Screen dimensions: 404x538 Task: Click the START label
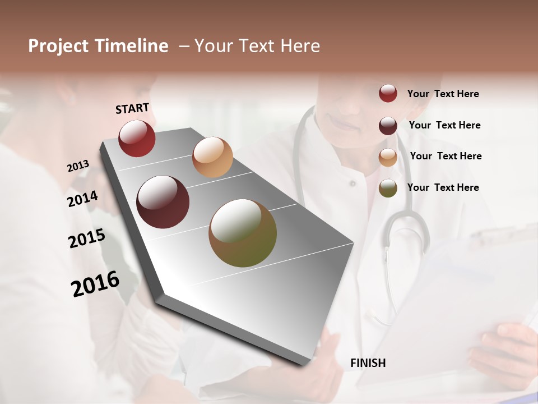click(x=132, y=108)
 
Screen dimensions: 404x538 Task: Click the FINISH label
click(x=368, y=363)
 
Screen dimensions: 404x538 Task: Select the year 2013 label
click(x=78, y=166)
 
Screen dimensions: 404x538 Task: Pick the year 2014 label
click(x=82, y=199)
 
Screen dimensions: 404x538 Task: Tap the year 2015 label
click(x=86, y=238)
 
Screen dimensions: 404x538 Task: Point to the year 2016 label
click(x=95, y=284)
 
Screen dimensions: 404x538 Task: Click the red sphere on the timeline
click(x=137, y=138)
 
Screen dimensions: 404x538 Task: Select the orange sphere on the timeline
click(x=212, y=157)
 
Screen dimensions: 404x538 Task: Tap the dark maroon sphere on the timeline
click(x=163, y=202)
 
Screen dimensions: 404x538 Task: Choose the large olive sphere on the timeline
click(x=243, y=233)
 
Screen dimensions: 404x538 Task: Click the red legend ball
click(x=388, y=93)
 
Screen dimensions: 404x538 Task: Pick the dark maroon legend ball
click(x=388, y=125)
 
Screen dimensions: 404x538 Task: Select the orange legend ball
click(x=388, y=157)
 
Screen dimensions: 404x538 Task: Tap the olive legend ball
click(x=388, y=188)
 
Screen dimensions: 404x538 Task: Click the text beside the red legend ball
click(x=443, y=94)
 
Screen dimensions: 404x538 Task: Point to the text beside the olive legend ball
click(x=443, y=187)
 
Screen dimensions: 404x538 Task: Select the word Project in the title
click(x=58, y=46)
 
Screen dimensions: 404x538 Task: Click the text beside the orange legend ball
click(x=446, y=156)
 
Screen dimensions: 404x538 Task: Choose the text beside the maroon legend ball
click(x=444, y=125)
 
